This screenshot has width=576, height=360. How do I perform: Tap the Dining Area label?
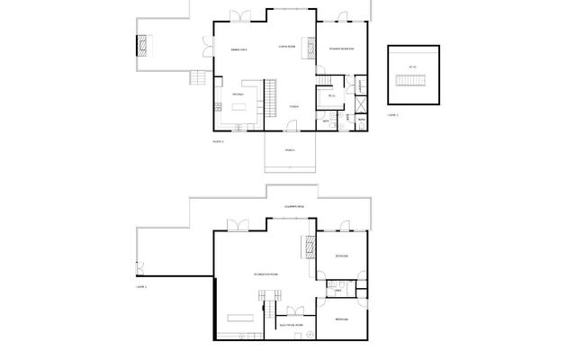click(239, 49)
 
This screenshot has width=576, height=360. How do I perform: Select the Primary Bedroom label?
click(341, 49)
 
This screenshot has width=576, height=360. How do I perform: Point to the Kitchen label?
click(238, 94)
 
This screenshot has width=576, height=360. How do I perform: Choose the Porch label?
click(290, 149)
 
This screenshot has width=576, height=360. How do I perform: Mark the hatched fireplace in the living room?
click(313, 46)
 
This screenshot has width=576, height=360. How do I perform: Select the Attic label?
click(412, 67)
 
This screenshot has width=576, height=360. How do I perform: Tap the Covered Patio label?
click(294, 208)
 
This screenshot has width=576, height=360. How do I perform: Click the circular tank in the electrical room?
click(308, 333)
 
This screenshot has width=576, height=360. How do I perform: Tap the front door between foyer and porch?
click(290, 131)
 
